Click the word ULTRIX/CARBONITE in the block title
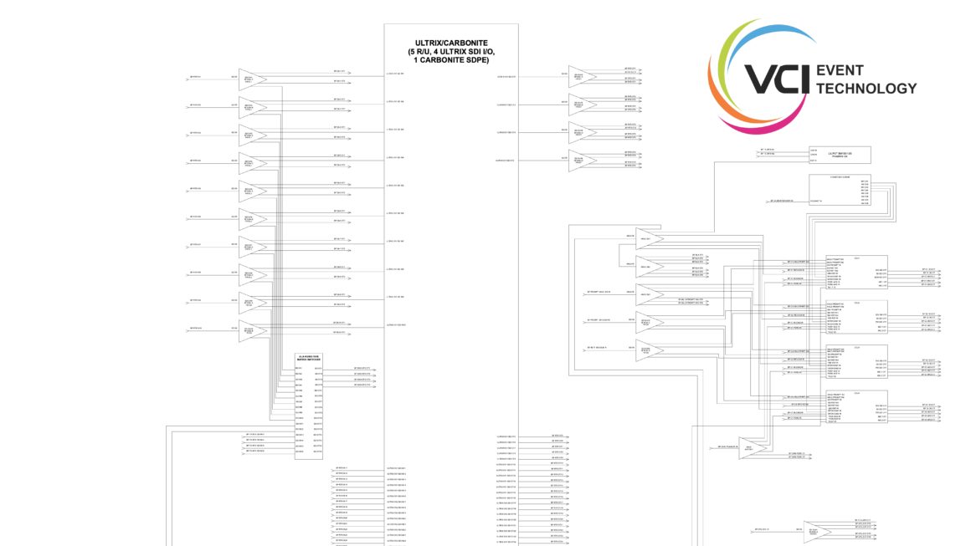451,43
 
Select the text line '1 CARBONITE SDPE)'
451,60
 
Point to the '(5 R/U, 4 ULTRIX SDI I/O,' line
451,52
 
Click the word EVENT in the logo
840,71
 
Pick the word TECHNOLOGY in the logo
866,89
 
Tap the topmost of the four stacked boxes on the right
856,273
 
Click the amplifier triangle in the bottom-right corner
816,532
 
